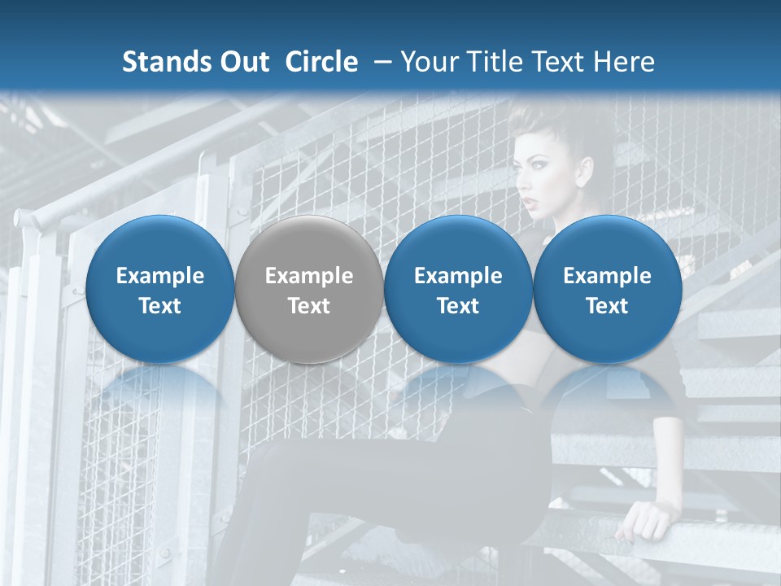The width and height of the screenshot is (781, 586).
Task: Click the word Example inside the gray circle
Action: [309, 276]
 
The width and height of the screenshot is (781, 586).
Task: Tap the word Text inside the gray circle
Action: [309, 306]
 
